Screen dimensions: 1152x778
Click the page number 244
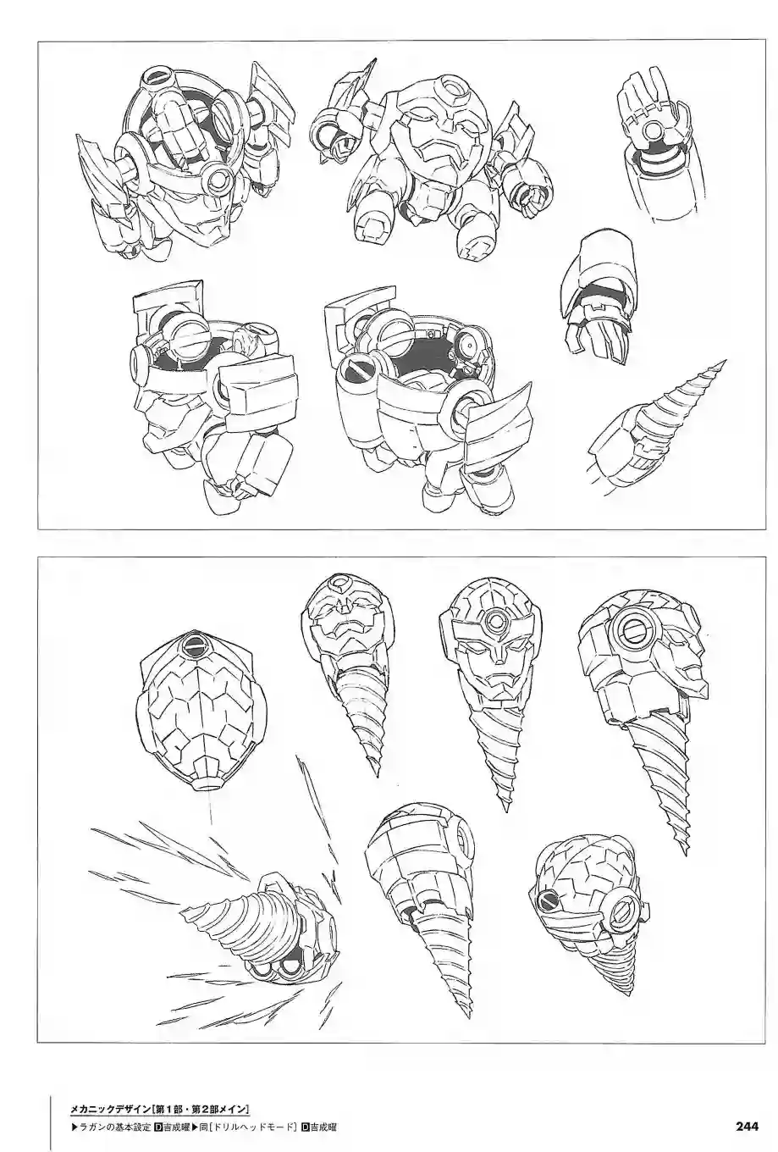pyautogui.click(x=747, y=1126)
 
